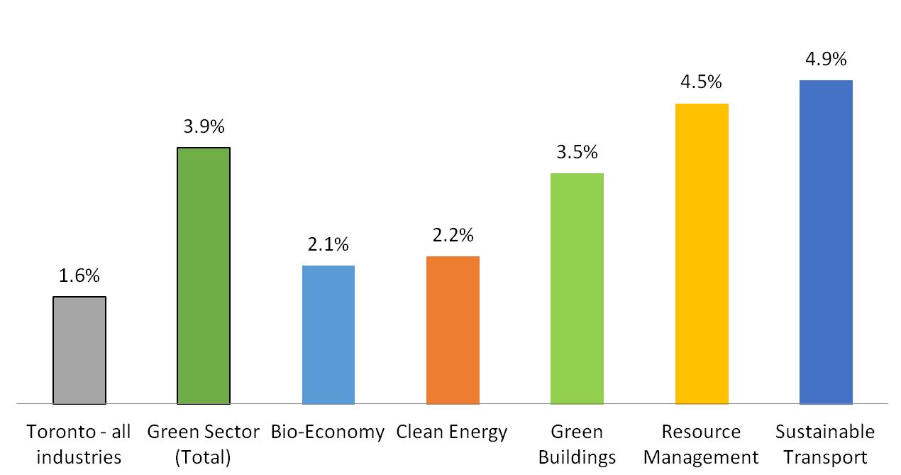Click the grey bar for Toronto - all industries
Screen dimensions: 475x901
pyautogui.click(x=79, y=350)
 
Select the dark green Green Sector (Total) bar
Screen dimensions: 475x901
pyautogui.click(x=204, y=275)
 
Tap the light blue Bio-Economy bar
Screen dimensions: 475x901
pyautogui.click(x=328, y=334)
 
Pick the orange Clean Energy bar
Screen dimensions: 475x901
pyautogui.click(x=453, y=330)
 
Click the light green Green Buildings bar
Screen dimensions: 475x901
pyautogui.click(x=577, y=288)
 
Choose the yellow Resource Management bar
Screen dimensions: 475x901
pyautogui.click(x=702, y=253)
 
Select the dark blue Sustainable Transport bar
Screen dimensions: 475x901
pyautogui.click(x=826, y=241)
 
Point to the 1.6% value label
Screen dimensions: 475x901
pyautogui.click(x=79, y=276)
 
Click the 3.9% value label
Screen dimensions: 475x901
pyautogui.click(x=204, y=127)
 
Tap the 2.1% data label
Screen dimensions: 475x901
pyautogui.click(x=328, y=245)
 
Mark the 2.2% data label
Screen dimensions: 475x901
pyautogui.click(x=453, y=235)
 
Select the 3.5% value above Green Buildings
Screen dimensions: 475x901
pyautogui.click(x=577, y=153)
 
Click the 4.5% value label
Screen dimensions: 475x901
pyautogui.click(x=702, y=82)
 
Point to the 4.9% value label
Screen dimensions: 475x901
pyautogui.click(x=826, y=59)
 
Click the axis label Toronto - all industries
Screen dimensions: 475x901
pyautogui.click(x=79, y=444)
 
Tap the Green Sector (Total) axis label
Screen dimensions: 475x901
pyautogui.click(x=204, y=444)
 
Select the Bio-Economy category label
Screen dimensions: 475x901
pyautogui.click(x=328, y=432)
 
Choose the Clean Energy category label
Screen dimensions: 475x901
pyautogui.click(x=453, y=432)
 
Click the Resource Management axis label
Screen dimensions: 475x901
pyautogui.click(x=702, y=444)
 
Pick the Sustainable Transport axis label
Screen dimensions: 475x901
pyautogui.click(x=826, y=444)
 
